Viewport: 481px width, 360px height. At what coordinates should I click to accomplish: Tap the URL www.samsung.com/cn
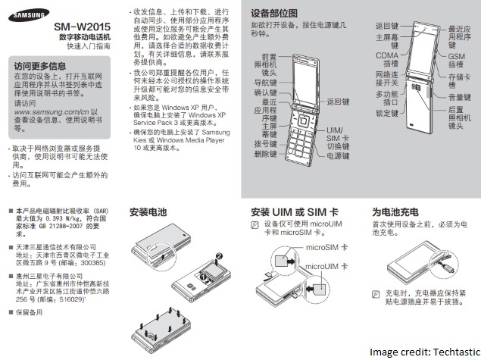(x=53, y=111)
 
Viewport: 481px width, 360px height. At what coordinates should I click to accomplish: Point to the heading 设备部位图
(x=274, y=13)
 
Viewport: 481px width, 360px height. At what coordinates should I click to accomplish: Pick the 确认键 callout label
(x=264, y=92)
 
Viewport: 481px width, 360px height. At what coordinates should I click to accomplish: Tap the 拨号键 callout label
(x=264, y=140)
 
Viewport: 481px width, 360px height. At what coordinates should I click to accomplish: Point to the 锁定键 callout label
(x=387, y=111)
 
